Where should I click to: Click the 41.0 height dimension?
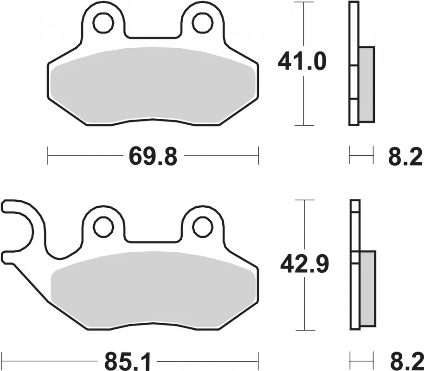point(302,62)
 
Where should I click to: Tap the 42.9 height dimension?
point(304,264)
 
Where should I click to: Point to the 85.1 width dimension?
point(127,362)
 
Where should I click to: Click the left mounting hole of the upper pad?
point(103,23)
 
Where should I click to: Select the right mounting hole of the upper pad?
point(202,23)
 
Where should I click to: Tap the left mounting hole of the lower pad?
point(103,227)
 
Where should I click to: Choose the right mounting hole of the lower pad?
point(202,227)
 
